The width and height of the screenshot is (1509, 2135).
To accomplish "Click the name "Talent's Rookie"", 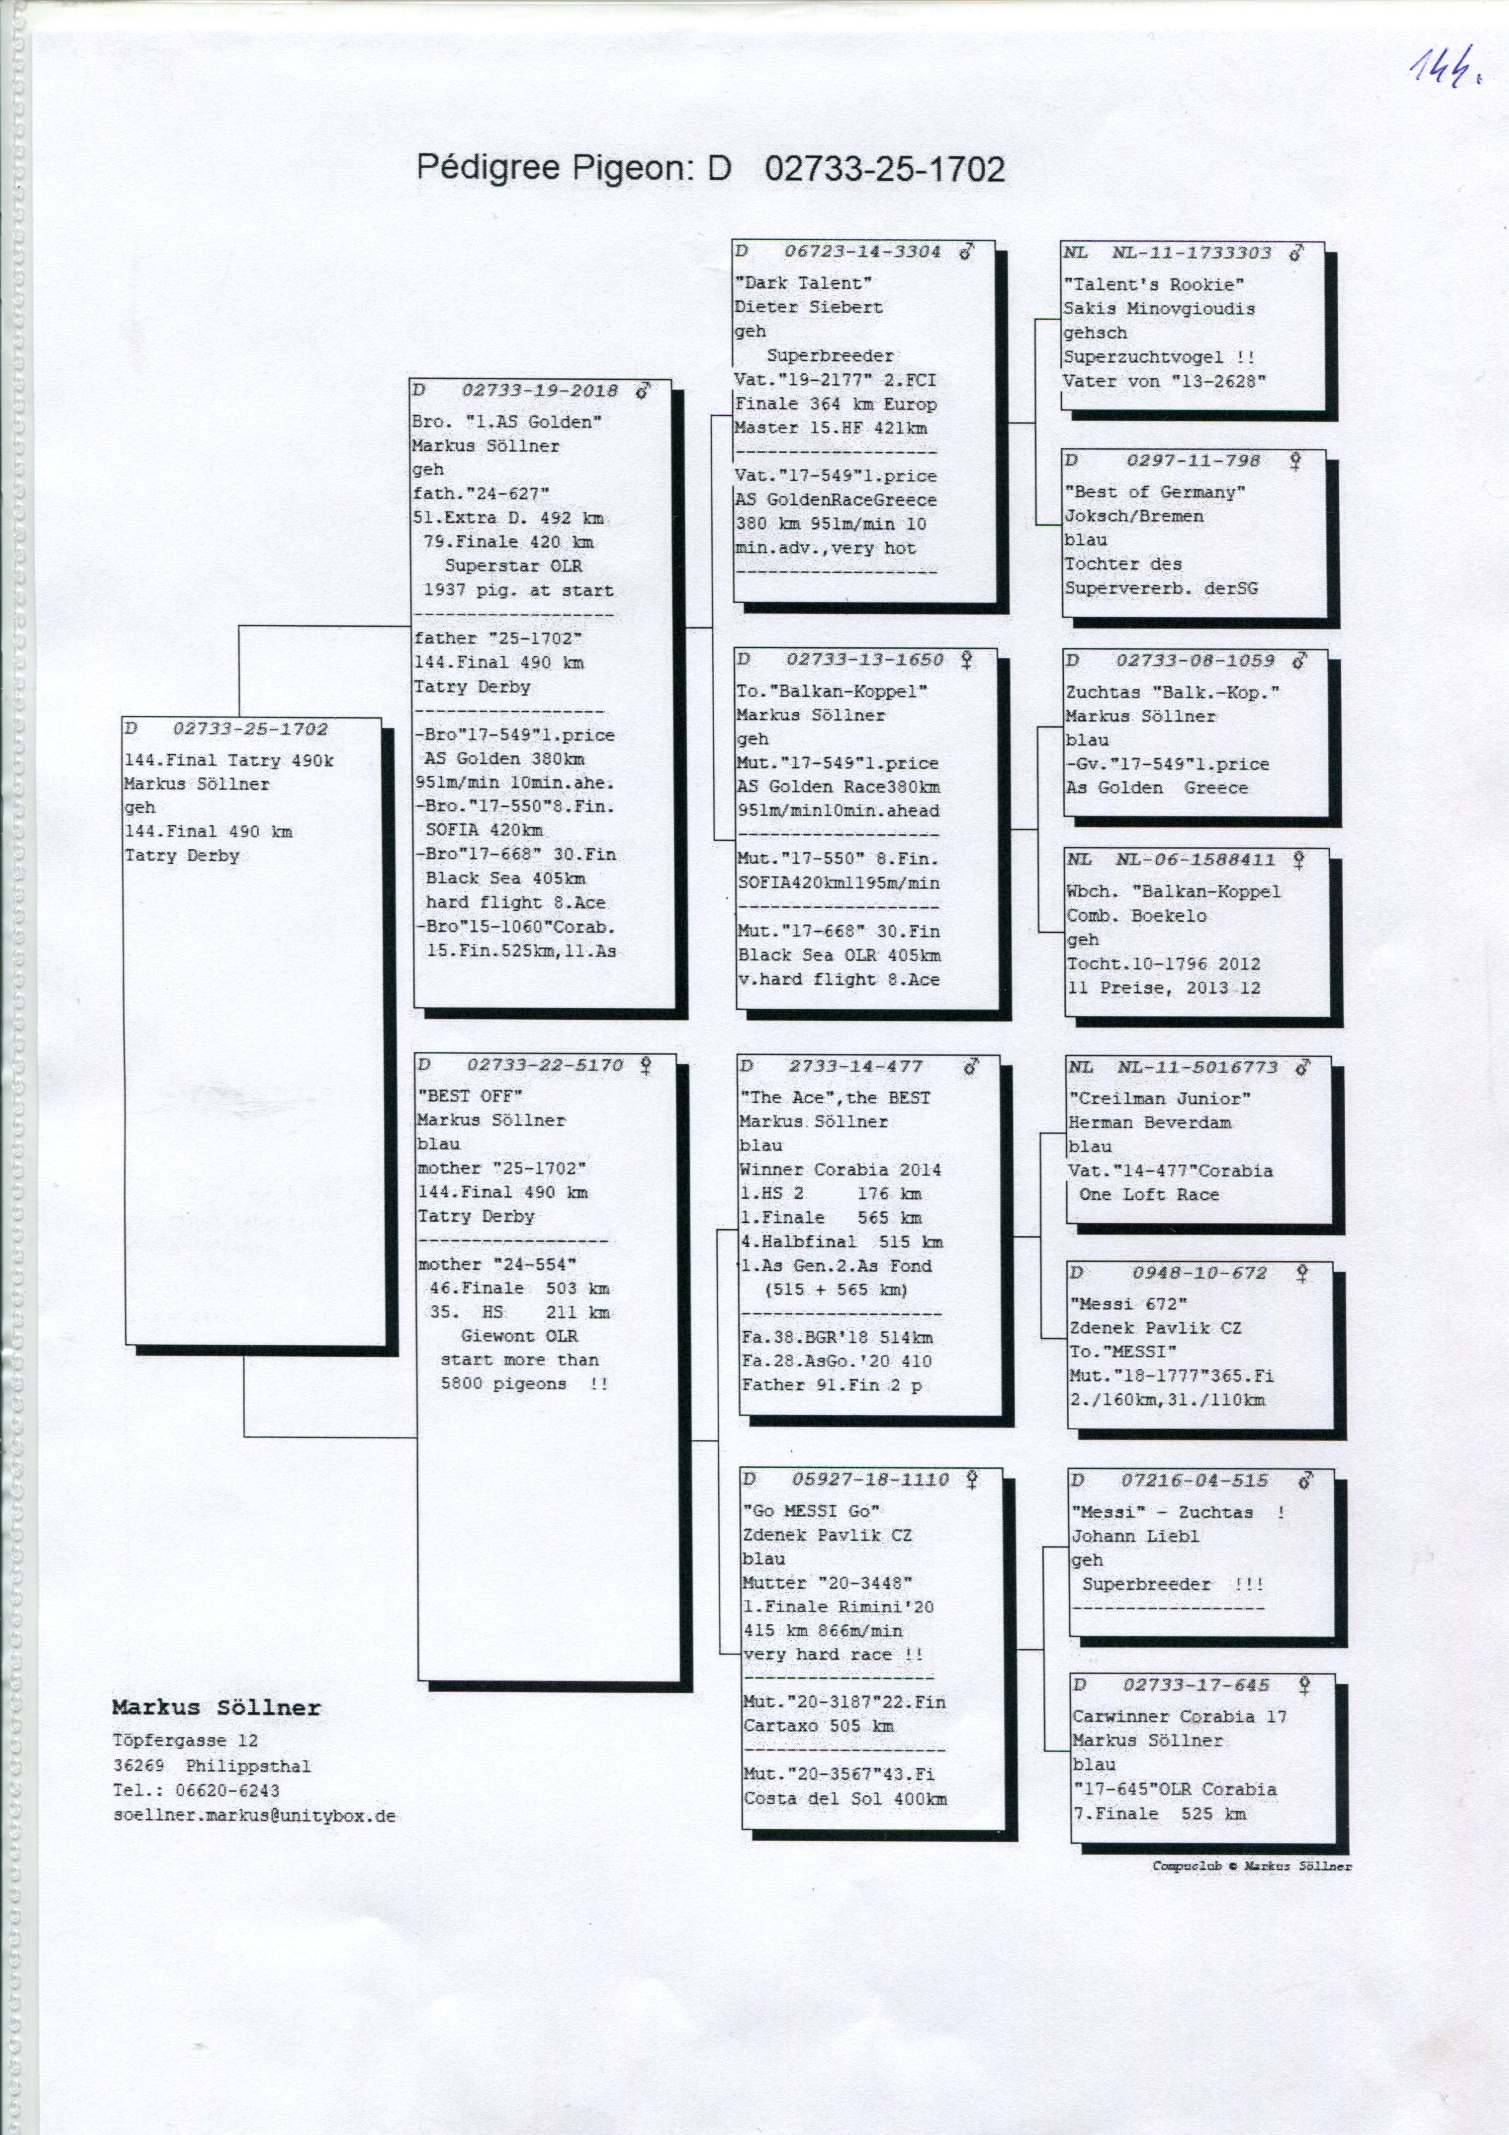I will coord(1153,285).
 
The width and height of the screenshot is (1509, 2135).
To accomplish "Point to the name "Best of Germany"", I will coord(1154,492).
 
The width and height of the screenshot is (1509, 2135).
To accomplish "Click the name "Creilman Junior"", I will coord(1159,1098).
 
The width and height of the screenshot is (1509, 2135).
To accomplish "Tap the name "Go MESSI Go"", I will coord(811,1511).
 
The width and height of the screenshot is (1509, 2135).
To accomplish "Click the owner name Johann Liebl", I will coord(1134,1536).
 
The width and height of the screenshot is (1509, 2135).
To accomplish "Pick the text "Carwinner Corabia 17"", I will coord(1179,1716).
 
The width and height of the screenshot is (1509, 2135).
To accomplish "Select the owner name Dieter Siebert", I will coord(808,307).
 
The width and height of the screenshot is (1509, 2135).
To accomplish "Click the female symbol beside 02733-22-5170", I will coord(645,1065).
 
